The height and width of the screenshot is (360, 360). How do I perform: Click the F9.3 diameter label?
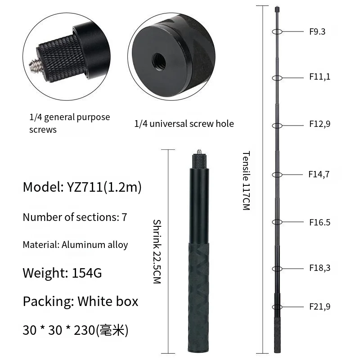(x=317, y=31)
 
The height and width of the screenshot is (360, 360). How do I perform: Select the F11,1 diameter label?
(x=319, y=77)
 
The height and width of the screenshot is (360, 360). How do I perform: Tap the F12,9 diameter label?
(x=319, y=124)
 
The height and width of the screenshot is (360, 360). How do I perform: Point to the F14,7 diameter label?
(x=319, y=174)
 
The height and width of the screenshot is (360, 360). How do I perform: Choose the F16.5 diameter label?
(x=319, y=222)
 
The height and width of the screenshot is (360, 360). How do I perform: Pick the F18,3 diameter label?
(x=319, y=268)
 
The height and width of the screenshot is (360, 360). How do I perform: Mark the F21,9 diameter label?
(x=319, y=307)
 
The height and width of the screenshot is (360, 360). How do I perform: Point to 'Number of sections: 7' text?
(x=75, y=217)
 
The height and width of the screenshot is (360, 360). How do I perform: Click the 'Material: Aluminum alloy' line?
(x=75, y=245)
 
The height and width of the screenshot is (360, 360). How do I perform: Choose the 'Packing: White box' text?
(x=81, y=301)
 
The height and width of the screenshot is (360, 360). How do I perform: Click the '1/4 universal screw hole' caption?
(x=184, y=123)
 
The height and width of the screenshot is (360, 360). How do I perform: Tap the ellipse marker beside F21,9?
(x=277, y=306)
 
